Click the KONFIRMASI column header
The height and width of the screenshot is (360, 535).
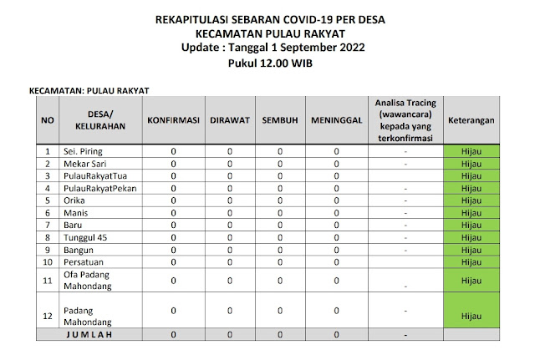pos(172,120)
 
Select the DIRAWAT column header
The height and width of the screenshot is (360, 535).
pos(229,120)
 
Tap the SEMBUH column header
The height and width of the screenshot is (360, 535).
pos(280,120)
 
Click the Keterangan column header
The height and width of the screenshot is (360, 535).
pos(471,120)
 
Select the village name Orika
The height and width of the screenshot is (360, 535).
pos(76,201)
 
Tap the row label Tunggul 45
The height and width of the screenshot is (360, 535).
pos(85,238)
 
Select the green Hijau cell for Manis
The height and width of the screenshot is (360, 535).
pos(471,214)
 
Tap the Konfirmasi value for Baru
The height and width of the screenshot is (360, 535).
pos(172,226)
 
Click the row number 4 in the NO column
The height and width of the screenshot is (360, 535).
pos(48,189)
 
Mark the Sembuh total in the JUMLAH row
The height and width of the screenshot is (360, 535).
pos(280,334)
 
